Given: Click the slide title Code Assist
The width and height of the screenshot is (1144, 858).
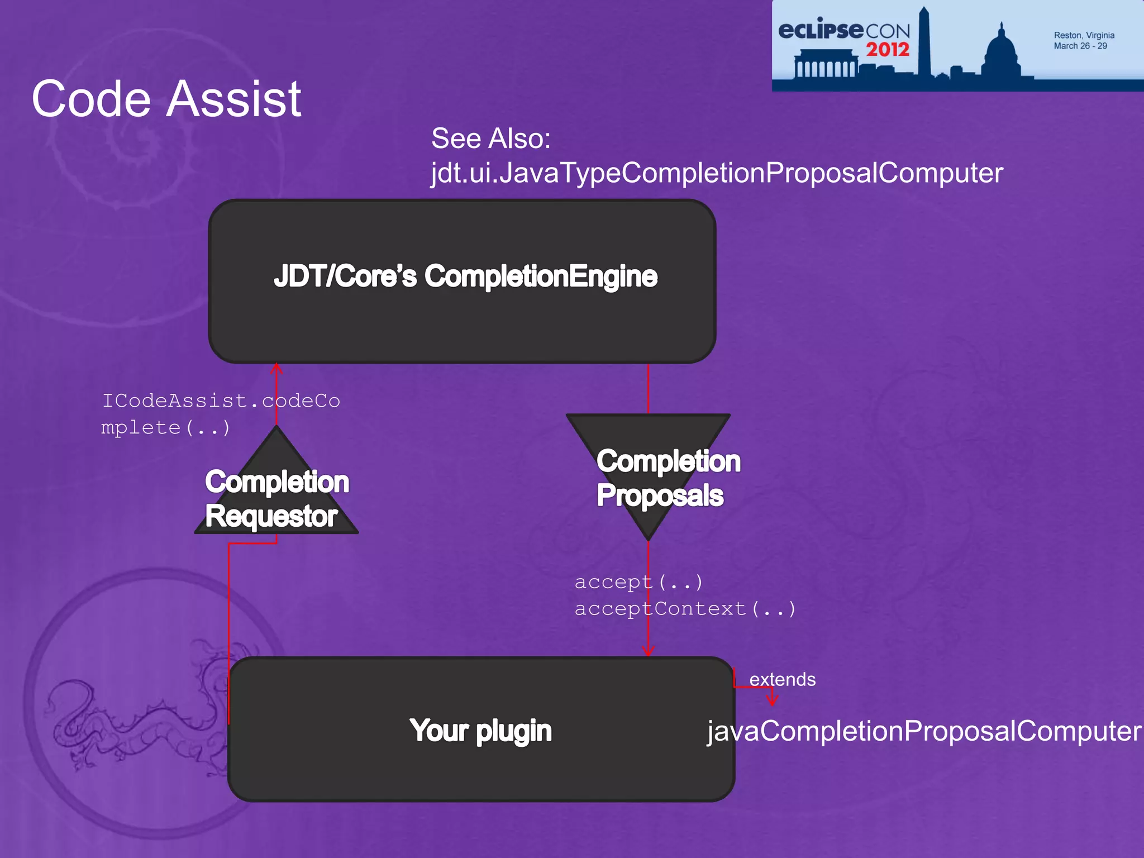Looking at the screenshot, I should (166, 99).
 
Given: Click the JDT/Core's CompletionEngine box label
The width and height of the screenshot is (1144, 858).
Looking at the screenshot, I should (465, 277).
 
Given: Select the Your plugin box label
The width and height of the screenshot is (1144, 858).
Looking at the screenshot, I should (480, 731).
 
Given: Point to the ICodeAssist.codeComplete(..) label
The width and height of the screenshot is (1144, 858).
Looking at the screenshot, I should (220, 414).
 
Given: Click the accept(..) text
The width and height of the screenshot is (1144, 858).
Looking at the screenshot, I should (638, 582).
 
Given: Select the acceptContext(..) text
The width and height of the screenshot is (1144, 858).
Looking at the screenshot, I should (685, 608).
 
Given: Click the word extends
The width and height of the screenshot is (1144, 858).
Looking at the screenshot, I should (782, 679).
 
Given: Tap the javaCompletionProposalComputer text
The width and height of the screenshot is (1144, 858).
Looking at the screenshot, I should (924, 731).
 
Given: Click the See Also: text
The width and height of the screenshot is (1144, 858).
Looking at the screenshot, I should (490, 138).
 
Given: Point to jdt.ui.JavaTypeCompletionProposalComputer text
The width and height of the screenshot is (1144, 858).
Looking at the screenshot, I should (717, 173).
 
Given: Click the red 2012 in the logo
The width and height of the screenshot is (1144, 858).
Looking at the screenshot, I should (888, 50).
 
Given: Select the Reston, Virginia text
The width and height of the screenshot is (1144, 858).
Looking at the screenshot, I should (1084, 35).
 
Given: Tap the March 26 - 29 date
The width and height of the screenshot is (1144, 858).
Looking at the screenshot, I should (1080, 46).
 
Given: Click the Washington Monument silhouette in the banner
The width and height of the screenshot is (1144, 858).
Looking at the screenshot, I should (924, 42).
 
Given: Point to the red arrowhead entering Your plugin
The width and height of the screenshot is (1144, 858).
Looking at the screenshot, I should (648, 651).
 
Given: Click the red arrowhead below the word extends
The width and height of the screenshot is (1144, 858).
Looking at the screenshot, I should (772, 699).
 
